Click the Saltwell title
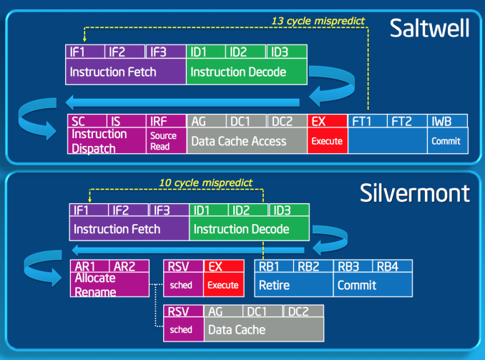429,28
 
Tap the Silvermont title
415,193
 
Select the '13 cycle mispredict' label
318,21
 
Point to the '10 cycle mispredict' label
206,183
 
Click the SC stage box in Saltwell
87,121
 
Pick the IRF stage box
166,121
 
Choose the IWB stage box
447,121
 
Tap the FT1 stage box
368,121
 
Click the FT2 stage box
407,121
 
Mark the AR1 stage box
89,266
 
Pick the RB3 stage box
353,266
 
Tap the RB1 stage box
274,266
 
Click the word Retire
274,285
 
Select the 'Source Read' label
163,141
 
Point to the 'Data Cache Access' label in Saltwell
239,141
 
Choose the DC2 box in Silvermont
303,311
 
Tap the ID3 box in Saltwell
287,52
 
